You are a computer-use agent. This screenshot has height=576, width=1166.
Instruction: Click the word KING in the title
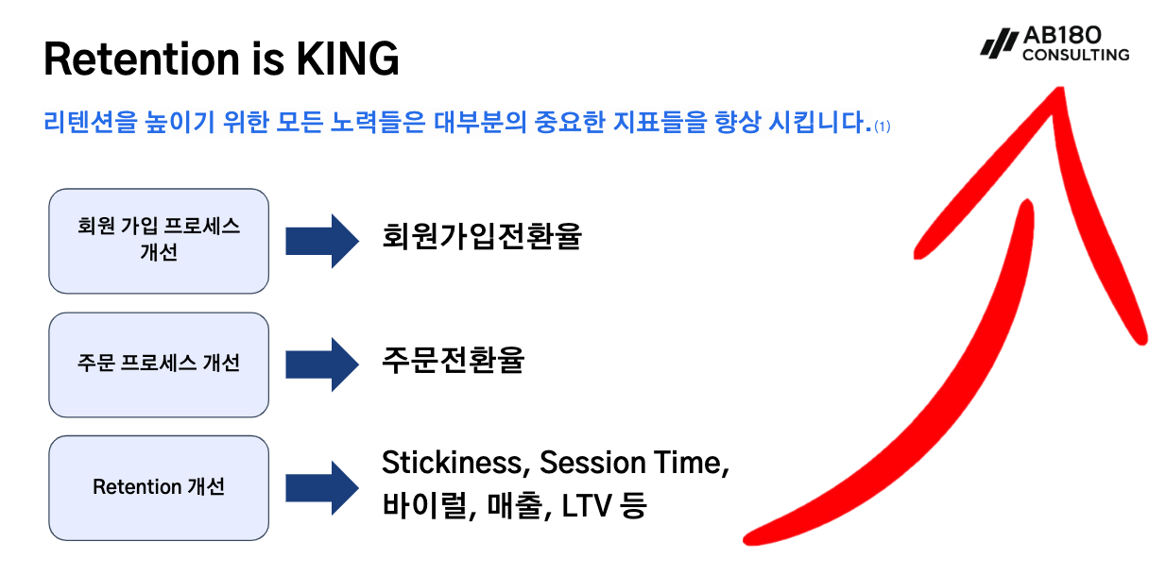tap(347, 59)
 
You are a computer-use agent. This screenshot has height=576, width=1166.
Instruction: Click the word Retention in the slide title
tap(142, 59)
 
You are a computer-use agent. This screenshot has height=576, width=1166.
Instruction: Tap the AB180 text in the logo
tap(1062, 35)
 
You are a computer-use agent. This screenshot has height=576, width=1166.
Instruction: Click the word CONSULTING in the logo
tap(1075, 55)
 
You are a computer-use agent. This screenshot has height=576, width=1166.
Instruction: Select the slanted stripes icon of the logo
tap(1000, 42)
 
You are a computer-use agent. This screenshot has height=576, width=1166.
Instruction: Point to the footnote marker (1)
tap(883, 127)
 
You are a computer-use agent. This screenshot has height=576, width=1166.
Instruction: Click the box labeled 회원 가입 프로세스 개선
tap(159, 241)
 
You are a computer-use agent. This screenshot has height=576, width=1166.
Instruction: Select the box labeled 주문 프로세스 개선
tap(159, 364)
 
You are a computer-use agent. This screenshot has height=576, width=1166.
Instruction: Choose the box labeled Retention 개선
tap(159, 488)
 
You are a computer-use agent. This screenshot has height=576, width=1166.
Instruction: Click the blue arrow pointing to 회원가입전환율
tap(322, 241)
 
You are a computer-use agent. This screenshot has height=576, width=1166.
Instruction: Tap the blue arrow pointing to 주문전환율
tap(322, 364)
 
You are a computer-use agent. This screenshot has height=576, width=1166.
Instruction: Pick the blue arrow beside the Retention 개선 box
tap(322, 488)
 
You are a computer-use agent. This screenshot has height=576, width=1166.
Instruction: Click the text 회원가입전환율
tap(482, 236)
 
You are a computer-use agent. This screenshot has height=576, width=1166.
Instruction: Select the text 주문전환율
tap(453, 360)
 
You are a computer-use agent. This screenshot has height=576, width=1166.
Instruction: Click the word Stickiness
tap(456, 463)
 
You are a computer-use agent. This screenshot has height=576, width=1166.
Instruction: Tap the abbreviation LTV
tap(587, 506)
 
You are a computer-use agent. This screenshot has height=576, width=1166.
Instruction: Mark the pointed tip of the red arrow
tap(1060, 89)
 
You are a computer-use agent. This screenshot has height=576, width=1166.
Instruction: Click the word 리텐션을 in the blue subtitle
tap(91, 122)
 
